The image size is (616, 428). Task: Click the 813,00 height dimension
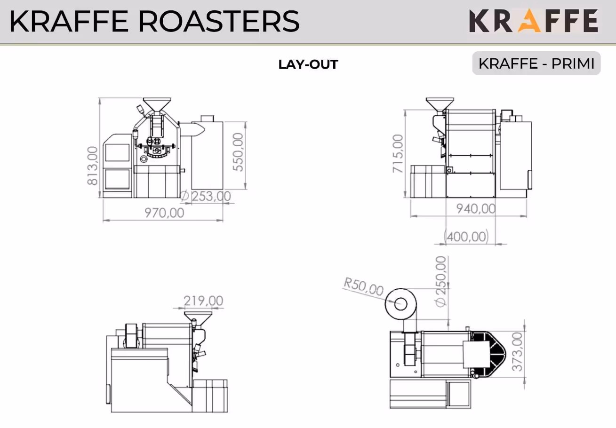92,166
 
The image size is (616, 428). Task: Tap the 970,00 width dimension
164,213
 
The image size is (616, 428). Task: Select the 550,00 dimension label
239,152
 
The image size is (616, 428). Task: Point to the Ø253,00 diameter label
206,196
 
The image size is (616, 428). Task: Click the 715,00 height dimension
398,153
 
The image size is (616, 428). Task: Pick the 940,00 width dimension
475,208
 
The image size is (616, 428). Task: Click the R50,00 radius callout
363,286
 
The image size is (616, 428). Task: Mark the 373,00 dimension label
517,351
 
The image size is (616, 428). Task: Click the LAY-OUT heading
308,64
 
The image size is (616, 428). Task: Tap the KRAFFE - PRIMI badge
536,63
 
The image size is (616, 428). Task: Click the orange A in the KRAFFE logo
529,21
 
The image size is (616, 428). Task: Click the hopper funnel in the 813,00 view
157,104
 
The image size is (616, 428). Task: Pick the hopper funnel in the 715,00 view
440,104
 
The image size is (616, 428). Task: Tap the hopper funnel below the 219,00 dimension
198,317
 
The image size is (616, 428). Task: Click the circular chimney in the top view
400,303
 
